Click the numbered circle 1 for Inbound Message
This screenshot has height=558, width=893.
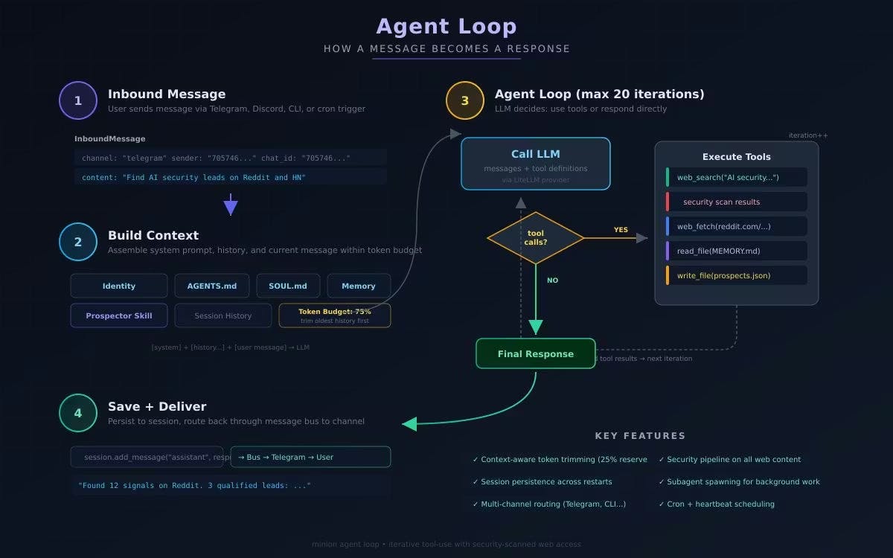click(x=78, y=100)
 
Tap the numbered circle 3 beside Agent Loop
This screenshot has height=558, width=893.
click(x=465, y=100)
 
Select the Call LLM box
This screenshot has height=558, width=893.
click(x=536, y=164)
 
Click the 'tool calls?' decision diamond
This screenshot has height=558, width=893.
click(x=536, y=238)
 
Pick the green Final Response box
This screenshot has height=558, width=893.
click(x=536, y=353)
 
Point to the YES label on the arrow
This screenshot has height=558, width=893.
click(x=621, y=230)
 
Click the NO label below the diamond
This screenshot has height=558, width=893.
click(x=552, y=280)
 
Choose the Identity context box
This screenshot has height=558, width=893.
click(x=119, y=286)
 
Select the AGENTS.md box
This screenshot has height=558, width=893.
click(x=212, y=286)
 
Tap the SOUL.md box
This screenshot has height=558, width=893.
click(x=288, y=286)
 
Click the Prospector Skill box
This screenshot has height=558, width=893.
click(x=119, y=315)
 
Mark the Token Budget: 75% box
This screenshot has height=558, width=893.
click(x=335, y=315)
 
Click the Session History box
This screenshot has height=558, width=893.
click(x=223, y=315)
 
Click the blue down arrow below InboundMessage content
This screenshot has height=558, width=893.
click(x=231, y=205)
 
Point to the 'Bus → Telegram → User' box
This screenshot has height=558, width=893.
click(x=310, y=457)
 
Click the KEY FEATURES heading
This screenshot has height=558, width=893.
click(x=640, y=436)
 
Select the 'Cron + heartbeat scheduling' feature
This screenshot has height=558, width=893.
click(x=720, y=504)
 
